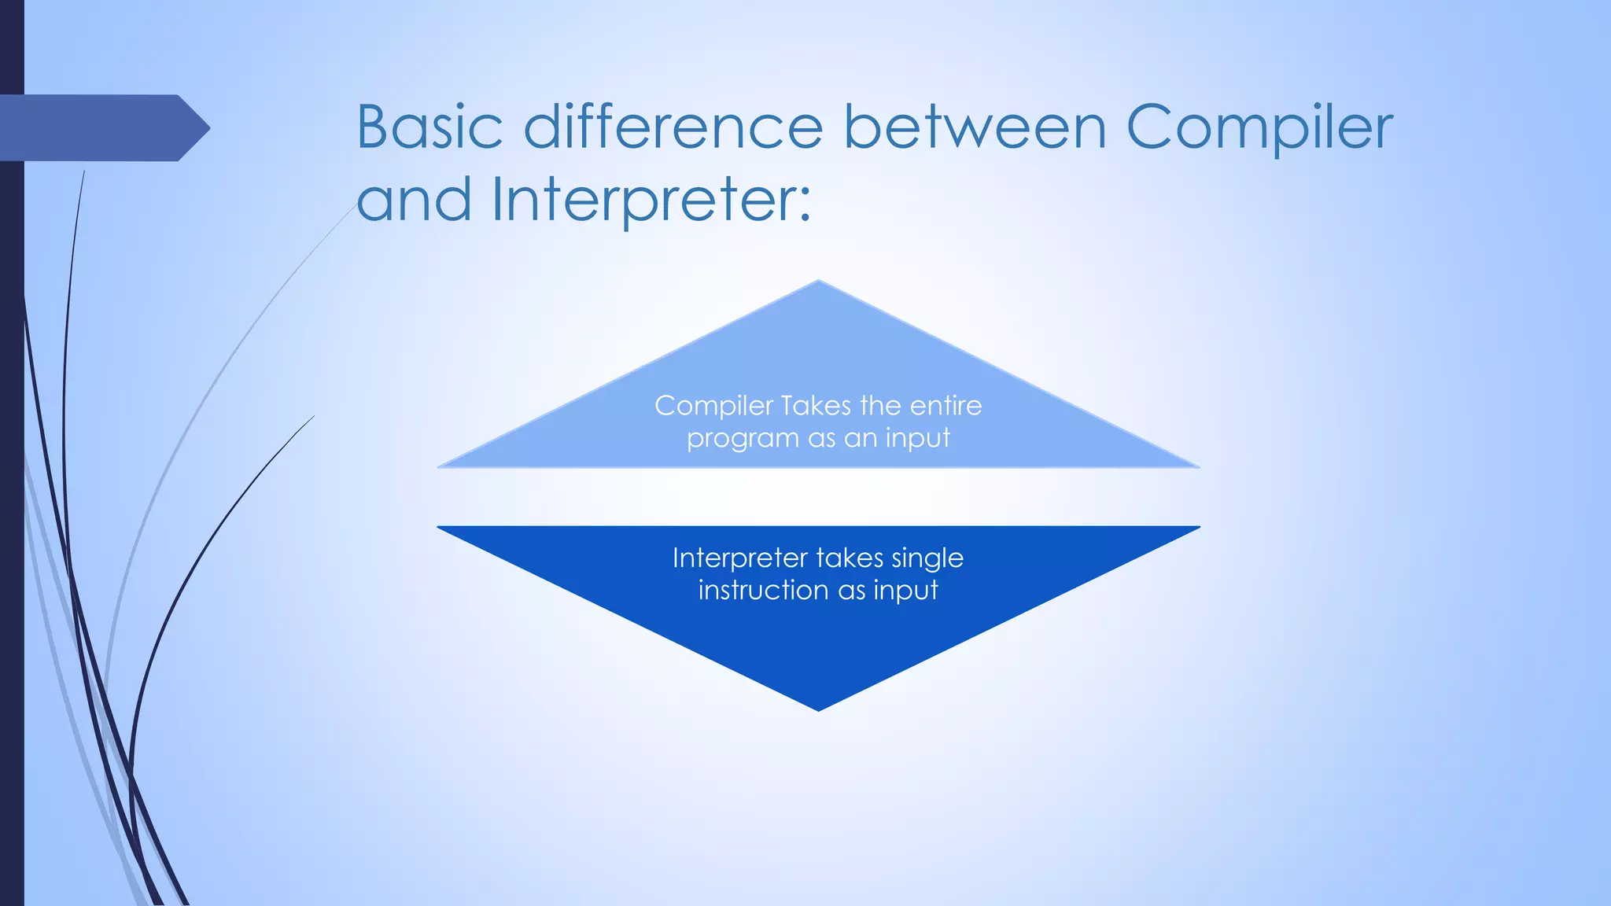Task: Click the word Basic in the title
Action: (429, 127)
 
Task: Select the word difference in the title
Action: (673, 127)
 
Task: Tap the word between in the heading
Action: (975, 127)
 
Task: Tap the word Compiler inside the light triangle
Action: (714, 407)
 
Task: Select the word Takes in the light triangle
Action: (817, 406)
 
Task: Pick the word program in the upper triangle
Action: (732, 439)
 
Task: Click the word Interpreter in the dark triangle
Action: (739, 558)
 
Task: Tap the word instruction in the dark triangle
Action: (763, 591)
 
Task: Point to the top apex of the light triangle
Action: (818, 282)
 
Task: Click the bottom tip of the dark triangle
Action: (818, 709)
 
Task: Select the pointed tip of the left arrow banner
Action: (208, 127)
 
